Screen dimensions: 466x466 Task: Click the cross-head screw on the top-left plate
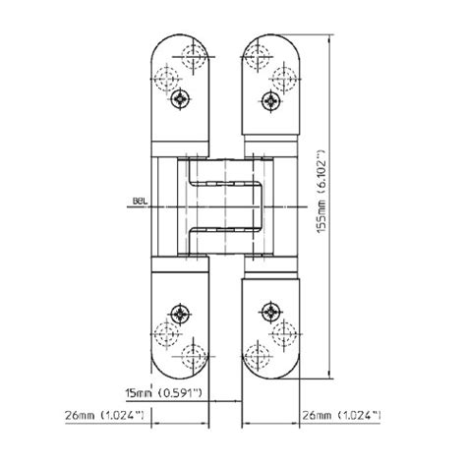[182, 99]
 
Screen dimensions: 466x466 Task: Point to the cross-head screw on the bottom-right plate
[271, 314]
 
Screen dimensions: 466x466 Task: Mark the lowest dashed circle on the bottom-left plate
[195, 350]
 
